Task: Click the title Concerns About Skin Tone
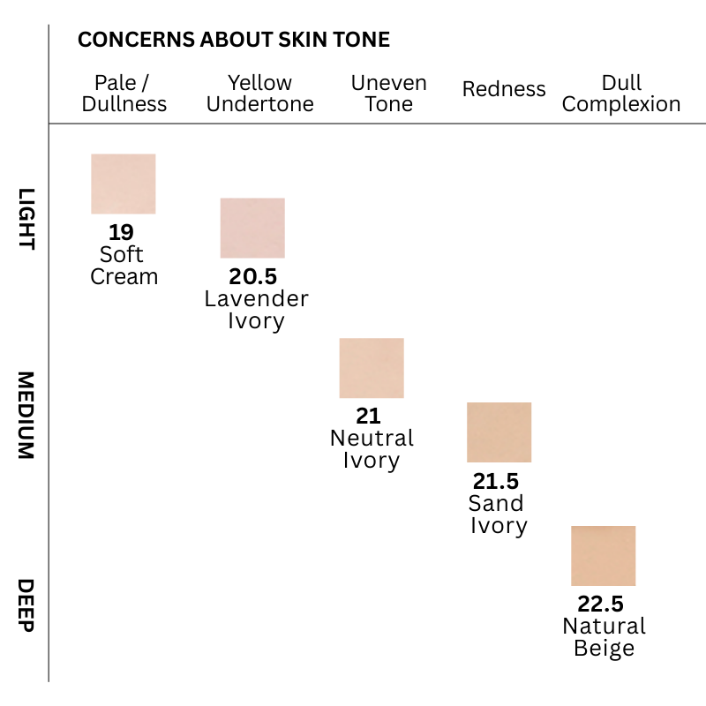click(234, 40)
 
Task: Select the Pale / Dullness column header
click(124, 94)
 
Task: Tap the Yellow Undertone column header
click(259, 94)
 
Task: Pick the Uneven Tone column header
click(388, 94)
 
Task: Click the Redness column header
click(504, 89)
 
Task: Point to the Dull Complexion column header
click(621, 94)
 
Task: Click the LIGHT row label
click(26, 219)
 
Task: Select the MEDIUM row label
click(26, 415)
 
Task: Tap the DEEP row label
click(26, 605)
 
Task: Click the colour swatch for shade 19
click(124, 184)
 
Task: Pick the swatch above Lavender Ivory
click(252, 228)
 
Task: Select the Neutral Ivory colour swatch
click(372, 368)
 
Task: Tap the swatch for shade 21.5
click(499, 432)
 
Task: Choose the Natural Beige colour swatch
click(603, 556)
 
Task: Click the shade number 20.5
click(252, 276)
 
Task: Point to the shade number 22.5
click(601, 605)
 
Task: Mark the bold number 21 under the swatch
click(368, 416)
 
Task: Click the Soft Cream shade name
click(124, 266)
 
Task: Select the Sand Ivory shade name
click(498, 514)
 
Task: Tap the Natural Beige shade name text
click(604, 637)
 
